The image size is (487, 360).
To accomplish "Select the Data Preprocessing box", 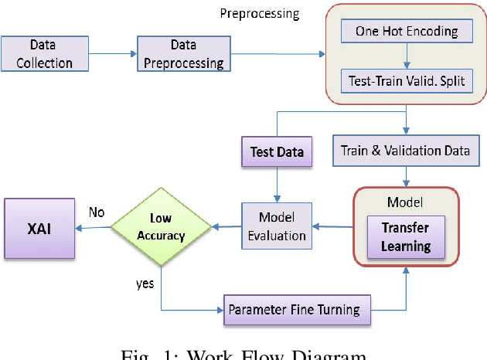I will click(x=184, y=53).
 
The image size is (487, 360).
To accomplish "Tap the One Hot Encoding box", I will click(x=407, y=32).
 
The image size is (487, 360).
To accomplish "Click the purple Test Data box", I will click(x=278, y=151).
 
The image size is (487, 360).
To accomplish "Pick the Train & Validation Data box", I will click(x=405, y=151).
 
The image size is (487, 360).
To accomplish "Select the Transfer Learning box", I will click(x=406, y=236).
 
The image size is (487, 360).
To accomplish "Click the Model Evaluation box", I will click(x=277, y=226).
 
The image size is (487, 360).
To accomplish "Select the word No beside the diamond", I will click(x=97, y=212).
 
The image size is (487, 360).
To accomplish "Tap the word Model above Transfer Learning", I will click(x=406, y=202).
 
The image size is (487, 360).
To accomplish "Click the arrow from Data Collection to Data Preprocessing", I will click(x=112, y=53).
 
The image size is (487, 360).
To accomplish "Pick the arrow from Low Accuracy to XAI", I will click(x=93, y=227).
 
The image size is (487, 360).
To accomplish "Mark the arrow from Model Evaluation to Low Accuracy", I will click(x=226, y=227).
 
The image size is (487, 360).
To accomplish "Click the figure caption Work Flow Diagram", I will click(x=243, y=354).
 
